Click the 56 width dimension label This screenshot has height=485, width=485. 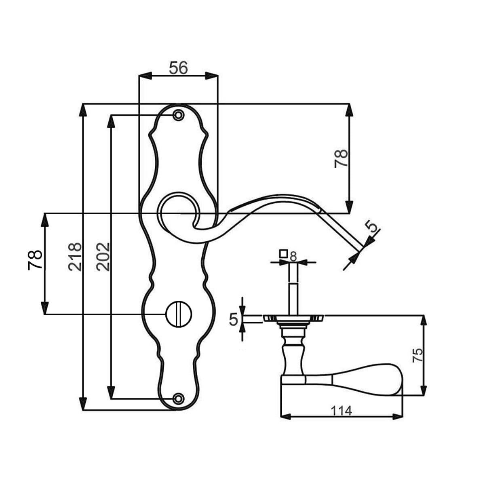pos(178,68)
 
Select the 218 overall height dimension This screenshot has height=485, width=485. pos(75,257)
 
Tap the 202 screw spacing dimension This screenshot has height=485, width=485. pos(103,257)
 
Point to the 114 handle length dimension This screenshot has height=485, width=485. pos(341,411)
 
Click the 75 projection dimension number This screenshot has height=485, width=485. pos(418,355)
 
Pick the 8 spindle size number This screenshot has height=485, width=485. pos(293,256)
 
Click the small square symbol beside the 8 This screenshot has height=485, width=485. pos(284,253)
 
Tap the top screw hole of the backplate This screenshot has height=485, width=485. pos(178,115)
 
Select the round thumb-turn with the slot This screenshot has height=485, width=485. pos(179,314)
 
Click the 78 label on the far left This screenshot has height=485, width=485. pos(35,260)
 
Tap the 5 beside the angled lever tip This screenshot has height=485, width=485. pos(373,226)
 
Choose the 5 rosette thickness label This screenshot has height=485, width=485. pos(233,320)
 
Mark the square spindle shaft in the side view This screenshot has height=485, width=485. pos(293,289)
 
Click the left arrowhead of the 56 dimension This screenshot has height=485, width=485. pos(145,76)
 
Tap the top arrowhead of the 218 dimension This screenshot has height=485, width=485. pos(83,110)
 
